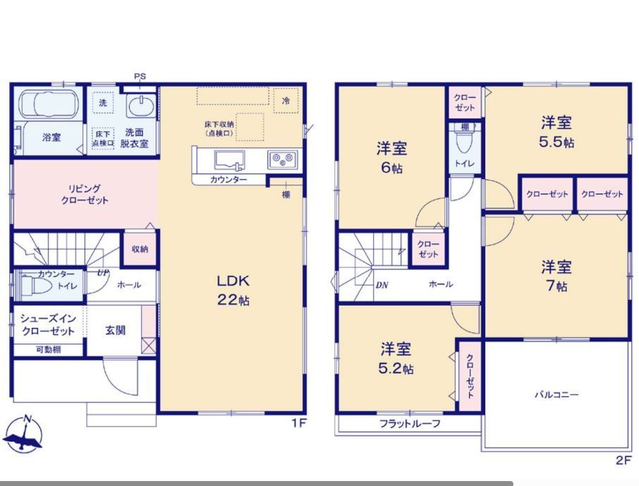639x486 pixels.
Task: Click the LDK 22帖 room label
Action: click(233, 291)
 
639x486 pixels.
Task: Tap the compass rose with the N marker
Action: click(24, 434)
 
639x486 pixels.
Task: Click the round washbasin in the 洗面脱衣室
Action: click(140, 106)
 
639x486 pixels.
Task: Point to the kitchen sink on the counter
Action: click(230, 160)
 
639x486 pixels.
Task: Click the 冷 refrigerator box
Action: click(286, 100)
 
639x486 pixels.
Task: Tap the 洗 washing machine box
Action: click(103, 103)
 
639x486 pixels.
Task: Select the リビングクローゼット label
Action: click(85, 195)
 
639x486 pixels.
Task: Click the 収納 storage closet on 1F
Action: click(140, 249)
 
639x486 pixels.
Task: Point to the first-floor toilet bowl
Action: click(36, 286)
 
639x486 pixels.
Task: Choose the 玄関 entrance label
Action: click(116, 330)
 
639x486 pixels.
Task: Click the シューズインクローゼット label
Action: click(48, 324)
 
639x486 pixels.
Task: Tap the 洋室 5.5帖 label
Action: click(556, 132)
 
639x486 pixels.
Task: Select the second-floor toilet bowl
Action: click(464, 141)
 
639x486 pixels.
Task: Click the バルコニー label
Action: click(556, 395)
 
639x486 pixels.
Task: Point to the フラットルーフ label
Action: click(410, 424)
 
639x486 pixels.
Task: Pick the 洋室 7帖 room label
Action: click(556, 276)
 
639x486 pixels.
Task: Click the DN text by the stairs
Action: click(382, 285)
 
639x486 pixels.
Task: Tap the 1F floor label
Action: click(299, 423)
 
